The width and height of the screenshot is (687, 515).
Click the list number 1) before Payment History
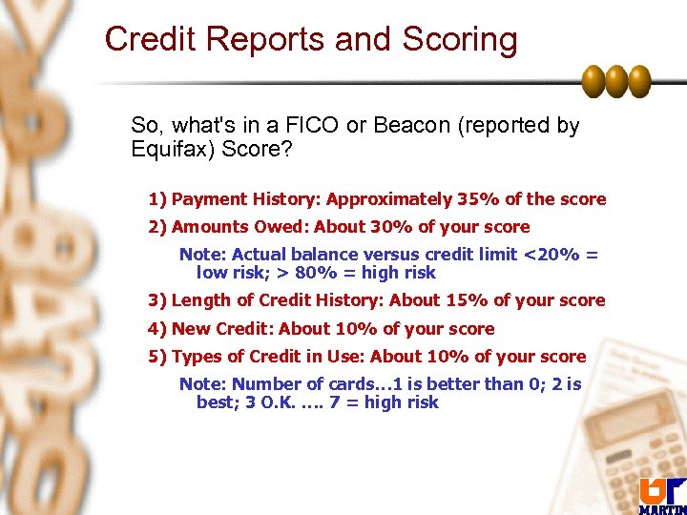point(157,199)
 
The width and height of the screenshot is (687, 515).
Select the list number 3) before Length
point(157,300)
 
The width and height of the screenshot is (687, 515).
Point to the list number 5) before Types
point(157,357)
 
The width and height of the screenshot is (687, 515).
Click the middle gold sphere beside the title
point(615,81)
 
